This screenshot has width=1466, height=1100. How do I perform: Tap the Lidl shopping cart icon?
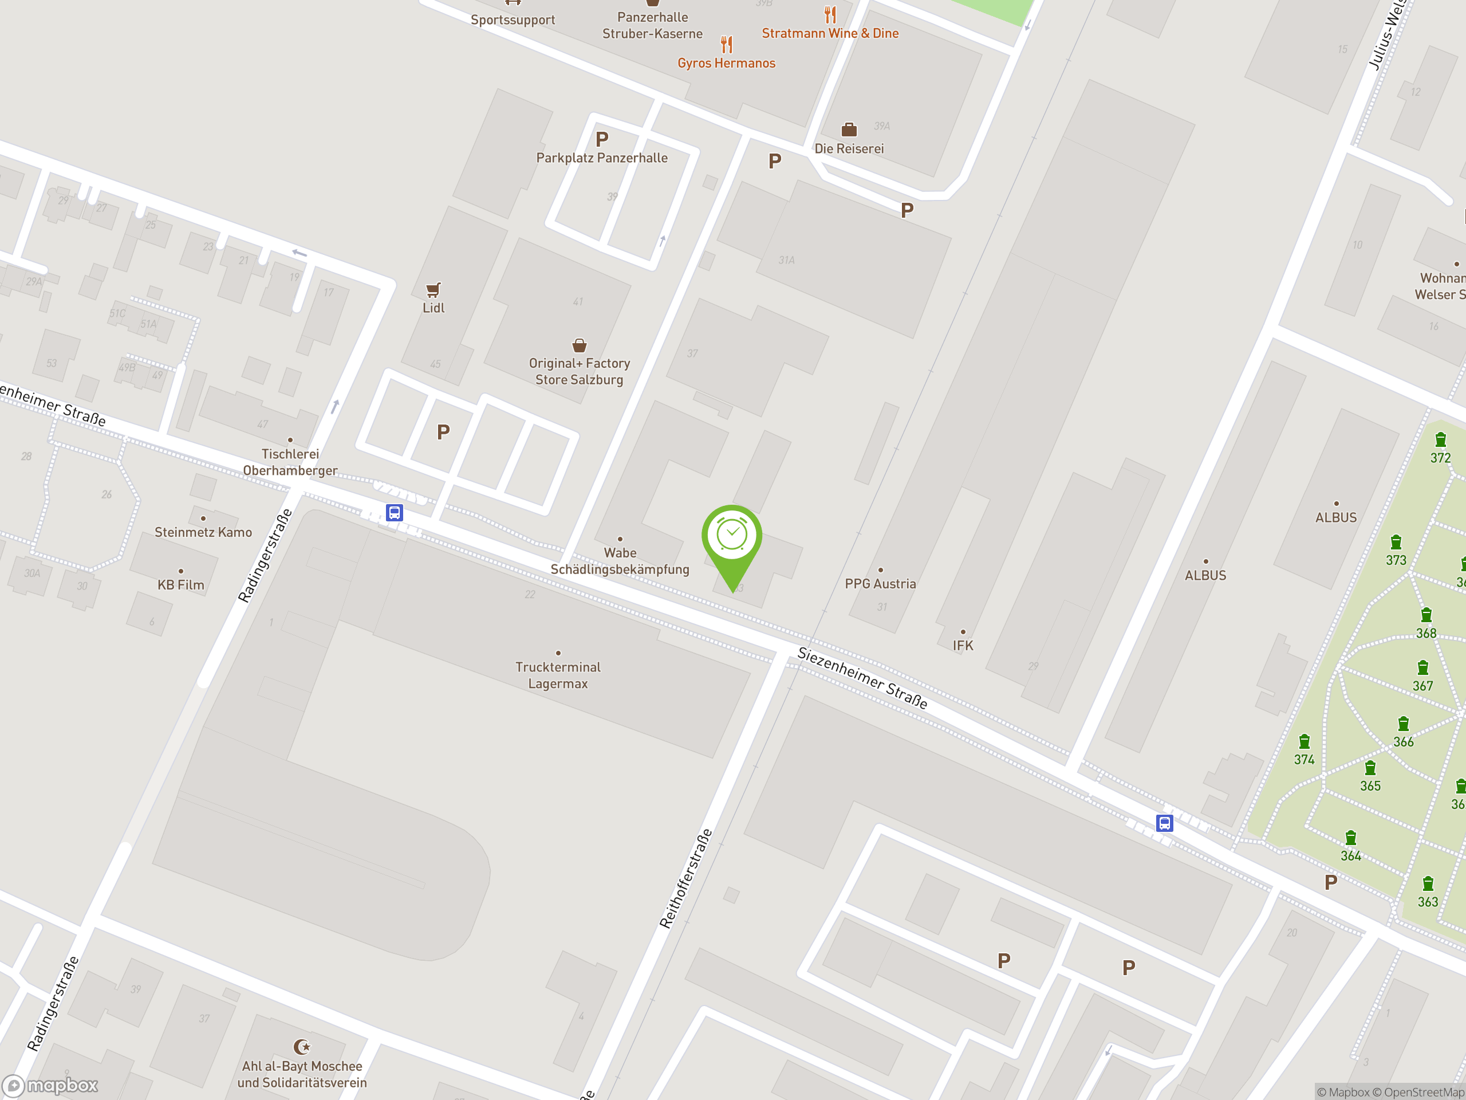pyautogui.click(x=434, y=290)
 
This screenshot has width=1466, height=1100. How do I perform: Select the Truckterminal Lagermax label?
pyautogui.click(x=558, y=675)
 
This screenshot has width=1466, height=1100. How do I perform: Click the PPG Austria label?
pyautogui.click(x=880, y=583)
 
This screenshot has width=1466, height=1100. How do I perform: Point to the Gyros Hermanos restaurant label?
pyautogui.click(x=726, y=63)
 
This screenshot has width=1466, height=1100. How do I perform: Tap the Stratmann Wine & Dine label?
pyautogui.click(x=830, y=33)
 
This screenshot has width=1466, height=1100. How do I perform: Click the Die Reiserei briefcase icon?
pyautogui.click(x=849, y=129)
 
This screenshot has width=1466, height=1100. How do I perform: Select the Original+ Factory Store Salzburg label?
pyautogui.click(x=580, y=371)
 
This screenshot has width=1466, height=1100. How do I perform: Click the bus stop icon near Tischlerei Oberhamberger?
pyautogui.click(x=395, y=513)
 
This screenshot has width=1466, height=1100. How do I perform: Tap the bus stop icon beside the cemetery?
pyautogui.click(x=1164, y=823)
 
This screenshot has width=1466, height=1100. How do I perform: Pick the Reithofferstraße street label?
pyautogui.click(x=686, y=878)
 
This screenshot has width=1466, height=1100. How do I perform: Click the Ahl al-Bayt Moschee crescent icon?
pyautogui.click(x=302, y=1047)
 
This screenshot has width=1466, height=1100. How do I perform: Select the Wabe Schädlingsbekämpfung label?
pyautogui.click(x=620, y=561)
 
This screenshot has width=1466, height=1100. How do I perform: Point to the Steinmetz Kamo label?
pyautogui.click(x=203, y=532)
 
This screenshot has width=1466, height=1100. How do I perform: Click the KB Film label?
pyautogui.click(x=181, y=585)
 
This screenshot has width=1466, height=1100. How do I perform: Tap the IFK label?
pyautogui.click(x=963, y=645)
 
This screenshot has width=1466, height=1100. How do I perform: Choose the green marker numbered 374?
pyautogui.click(x=1305, y=742)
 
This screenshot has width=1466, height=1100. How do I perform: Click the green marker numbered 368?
pyautogui.click(x=1426, y=616)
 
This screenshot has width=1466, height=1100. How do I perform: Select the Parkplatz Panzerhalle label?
pyautogui.click(x=602, y=158)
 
